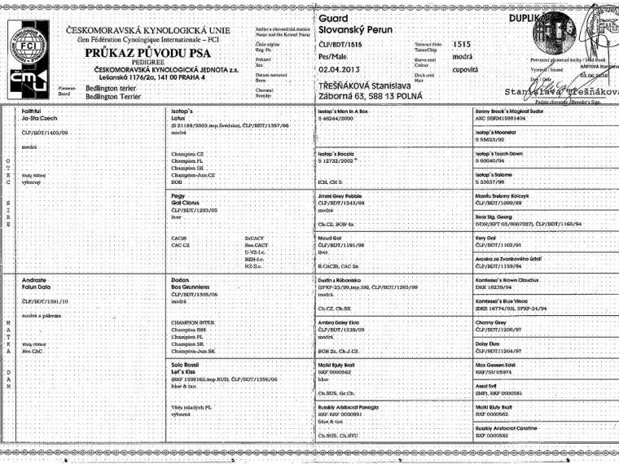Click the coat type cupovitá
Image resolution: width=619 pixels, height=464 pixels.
466,70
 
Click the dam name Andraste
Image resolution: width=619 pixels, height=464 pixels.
36,279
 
